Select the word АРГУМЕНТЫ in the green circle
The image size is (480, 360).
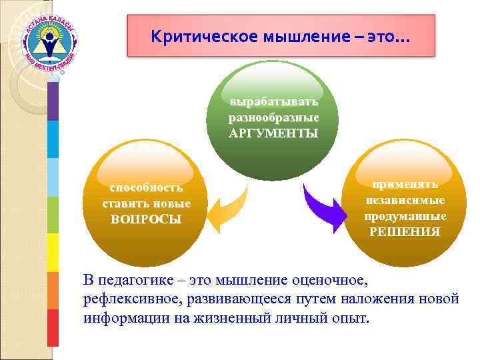point(273,133)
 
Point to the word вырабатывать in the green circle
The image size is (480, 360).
point(273,103)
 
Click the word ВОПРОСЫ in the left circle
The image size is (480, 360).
point(146,219)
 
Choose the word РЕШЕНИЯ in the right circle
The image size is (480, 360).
point(405,231)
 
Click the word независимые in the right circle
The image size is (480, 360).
point(405,200)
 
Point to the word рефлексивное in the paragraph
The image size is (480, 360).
point(127,299)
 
